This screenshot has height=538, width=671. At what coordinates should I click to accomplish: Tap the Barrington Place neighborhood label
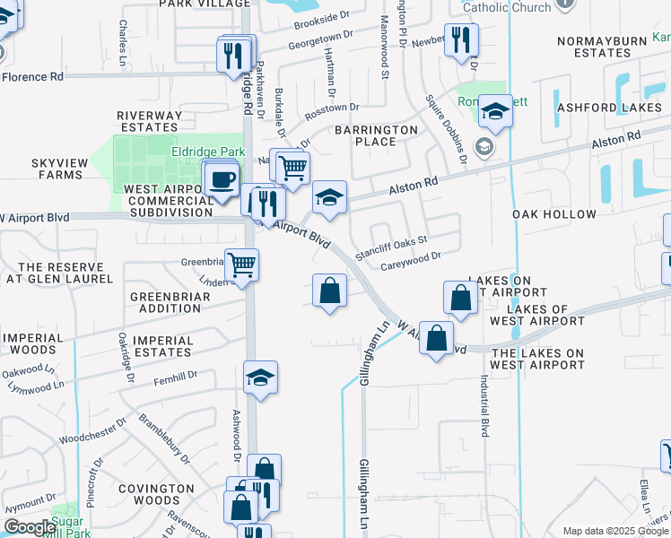coord(377,135)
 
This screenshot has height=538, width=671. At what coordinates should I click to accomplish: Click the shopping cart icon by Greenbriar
coord(241,265)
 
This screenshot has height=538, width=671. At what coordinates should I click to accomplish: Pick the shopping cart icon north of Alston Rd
coord(292,166)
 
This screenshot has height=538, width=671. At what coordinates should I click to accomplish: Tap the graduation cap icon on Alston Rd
coord(329,197)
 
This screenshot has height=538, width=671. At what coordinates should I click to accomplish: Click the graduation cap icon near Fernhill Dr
coord(260,377)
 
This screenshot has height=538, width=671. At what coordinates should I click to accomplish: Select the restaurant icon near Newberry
coord(461,39)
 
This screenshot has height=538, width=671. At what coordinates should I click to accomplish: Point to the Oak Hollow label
coord(554,214)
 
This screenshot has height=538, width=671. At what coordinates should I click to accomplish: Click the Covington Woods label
coord(157,494)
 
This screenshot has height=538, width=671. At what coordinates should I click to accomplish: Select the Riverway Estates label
coord(149,121)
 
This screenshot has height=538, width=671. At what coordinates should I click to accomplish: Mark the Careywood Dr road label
coord(411,256)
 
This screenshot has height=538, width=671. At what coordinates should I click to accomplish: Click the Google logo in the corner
coord(30,527)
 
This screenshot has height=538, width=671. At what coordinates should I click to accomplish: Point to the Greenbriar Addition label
coord(166,302)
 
